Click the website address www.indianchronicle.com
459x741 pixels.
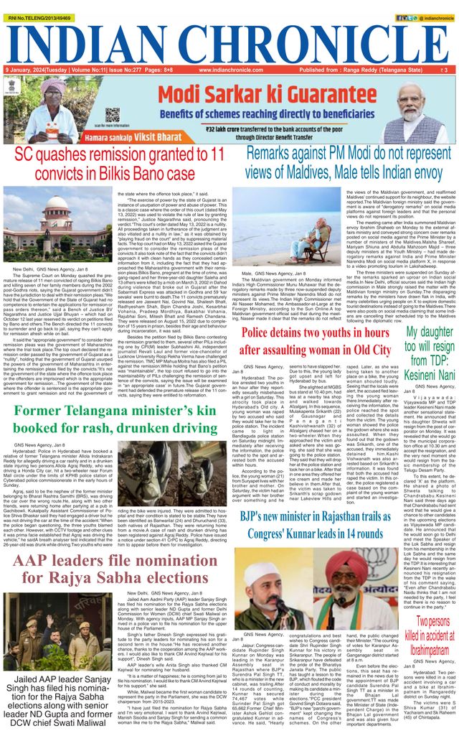click(230, 70)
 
